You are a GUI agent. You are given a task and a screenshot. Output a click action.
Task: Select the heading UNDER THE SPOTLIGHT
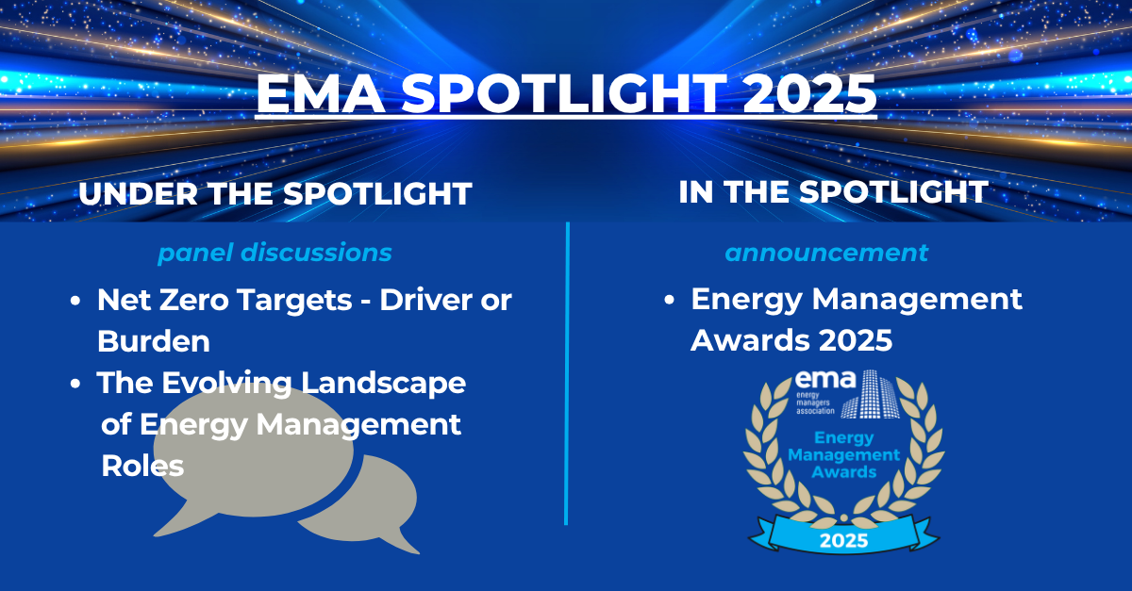275,194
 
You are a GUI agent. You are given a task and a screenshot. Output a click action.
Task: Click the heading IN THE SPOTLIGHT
833,191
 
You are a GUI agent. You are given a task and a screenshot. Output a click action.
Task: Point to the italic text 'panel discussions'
275,254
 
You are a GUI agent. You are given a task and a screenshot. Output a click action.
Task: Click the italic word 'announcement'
826,253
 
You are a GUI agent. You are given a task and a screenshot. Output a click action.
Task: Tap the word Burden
154,340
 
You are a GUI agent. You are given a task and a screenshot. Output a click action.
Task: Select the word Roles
142,466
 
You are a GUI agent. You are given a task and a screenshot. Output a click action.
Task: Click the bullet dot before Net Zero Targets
75,303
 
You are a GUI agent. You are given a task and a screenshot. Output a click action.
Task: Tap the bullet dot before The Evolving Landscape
75,384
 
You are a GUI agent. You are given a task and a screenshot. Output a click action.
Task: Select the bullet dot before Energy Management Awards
669,300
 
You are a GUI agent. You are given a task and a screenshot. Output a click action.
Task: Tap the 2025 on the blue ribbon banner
844,541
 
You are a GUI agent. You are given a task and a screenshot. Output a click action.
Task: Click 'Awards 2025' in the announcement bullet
791,340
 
